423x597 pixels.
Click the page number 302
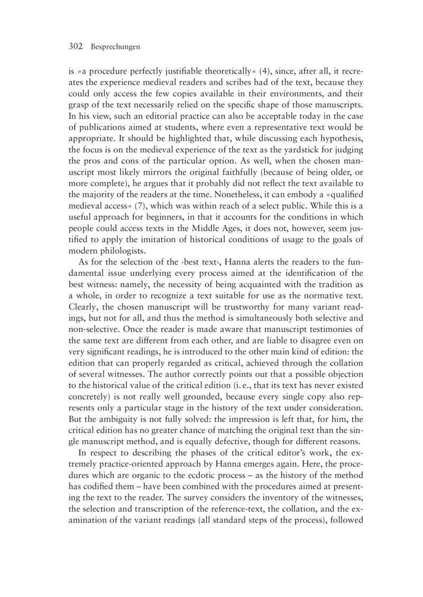coord(76,47)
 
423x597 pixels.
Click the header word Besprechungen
coord(115,47)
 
